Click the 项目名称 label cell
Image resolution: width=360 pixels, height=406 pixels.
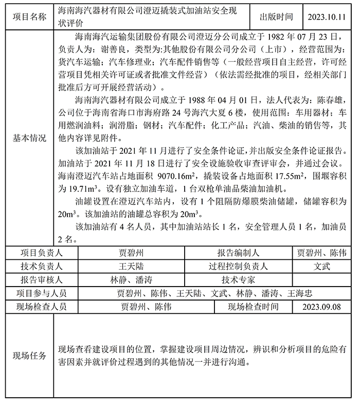click(29, 16)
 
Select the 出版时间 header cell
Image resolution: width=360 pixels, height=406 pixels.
click(277, 16)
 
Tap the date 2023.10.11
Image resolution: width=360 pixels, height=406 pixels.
click(327, 16)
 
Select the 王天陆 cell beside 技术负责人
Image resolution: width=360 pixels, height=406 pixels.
click(131, 267)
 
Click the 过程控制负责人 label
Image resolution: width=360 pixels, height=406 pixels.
click(238, 267)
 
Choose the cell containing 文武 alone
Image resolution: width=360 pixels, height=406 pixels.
click(322, 267)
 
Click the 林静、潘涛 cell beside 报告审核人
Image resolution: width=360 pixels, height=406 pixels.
click(131, 280)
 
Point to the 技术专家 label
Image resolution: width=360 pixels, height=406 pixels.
click(238, 280)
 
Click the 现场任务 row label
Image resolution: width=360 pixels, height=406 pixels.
click(29, 356)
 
